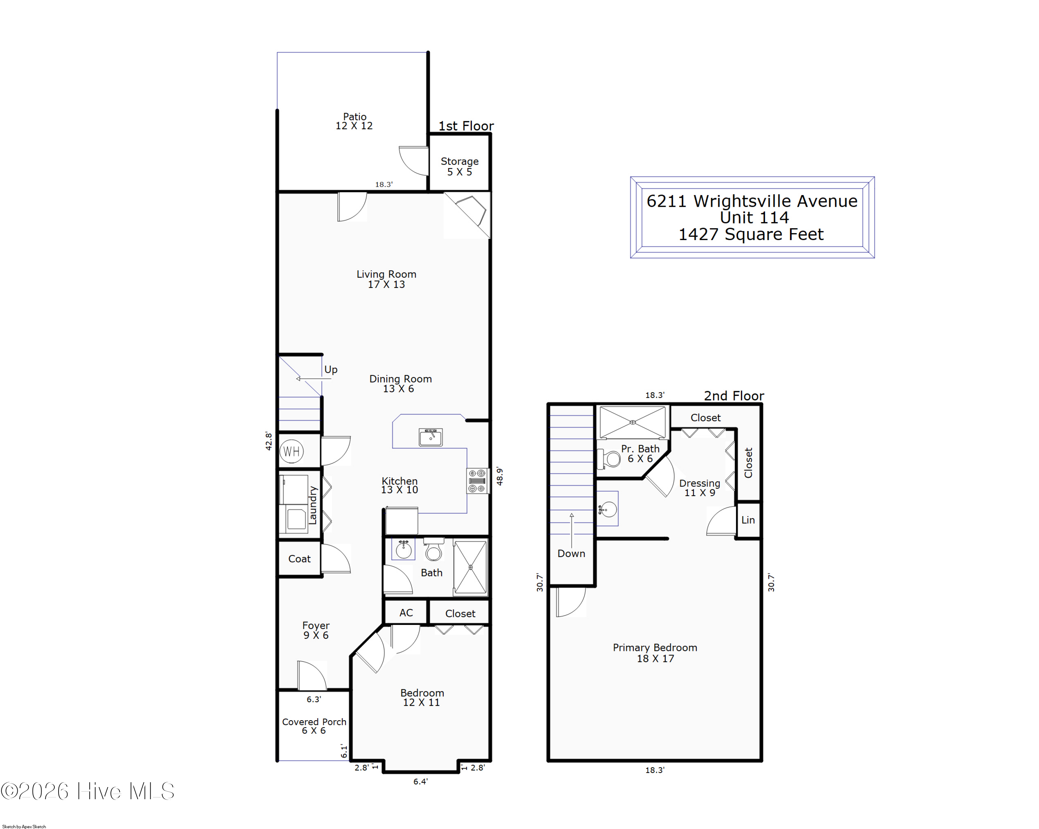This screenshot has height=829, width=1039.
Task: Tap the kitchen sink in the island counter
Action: pos(431,437)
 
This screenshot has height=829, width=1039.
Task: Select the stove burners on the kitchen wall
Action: pos(477,481)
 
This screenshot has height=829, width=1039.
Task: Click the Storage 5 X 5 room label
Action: pos(460,166)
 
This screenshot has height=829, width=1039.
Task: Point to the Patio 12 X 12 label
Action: pos(354,121)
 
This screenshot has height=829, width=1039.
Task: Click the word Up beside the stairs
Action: pos(331,370)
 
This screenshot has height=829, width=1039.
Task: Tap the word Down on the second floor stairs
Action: pos(571,553)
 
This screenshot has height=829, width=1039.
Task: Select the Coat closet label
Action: pos(299,558)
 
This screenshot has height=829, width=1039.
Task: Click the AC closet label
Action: pos(406,612)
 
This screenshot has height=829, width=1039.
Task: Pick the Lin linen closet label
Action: pos(748,520)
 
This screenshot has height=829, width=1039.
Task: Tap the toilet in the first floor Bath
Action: pos(434,549)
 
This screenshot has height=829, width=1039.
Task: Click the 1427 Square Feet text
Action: pos(751,234)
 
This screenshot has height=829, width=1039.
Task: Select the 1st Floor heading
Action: pos(466,126)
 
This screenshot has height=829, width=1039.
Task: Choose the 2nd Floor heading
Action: pos(734,396)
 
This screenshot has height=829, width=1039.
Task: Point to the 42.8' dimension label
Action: pos(268,441)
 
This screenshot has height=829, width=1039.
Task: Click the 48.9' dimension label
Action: pos(500,477)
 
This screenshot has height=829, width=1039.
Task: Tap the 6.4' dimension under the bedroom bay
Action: pos(420,781)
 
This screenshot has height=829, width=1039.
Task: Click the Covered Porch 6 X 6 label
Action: pos(314,726)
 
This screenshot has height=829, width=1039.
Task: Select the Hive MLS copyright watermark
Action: pos(88,791)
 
